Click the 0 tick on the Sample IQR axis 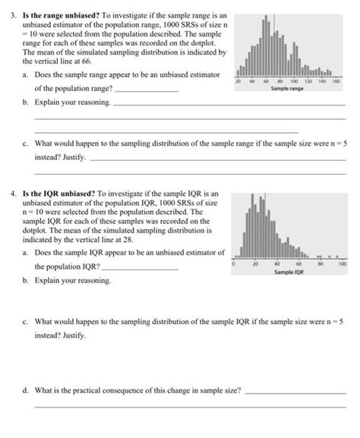(x=233, y=263)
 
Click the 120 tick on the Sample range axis (x=307, y=80)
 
